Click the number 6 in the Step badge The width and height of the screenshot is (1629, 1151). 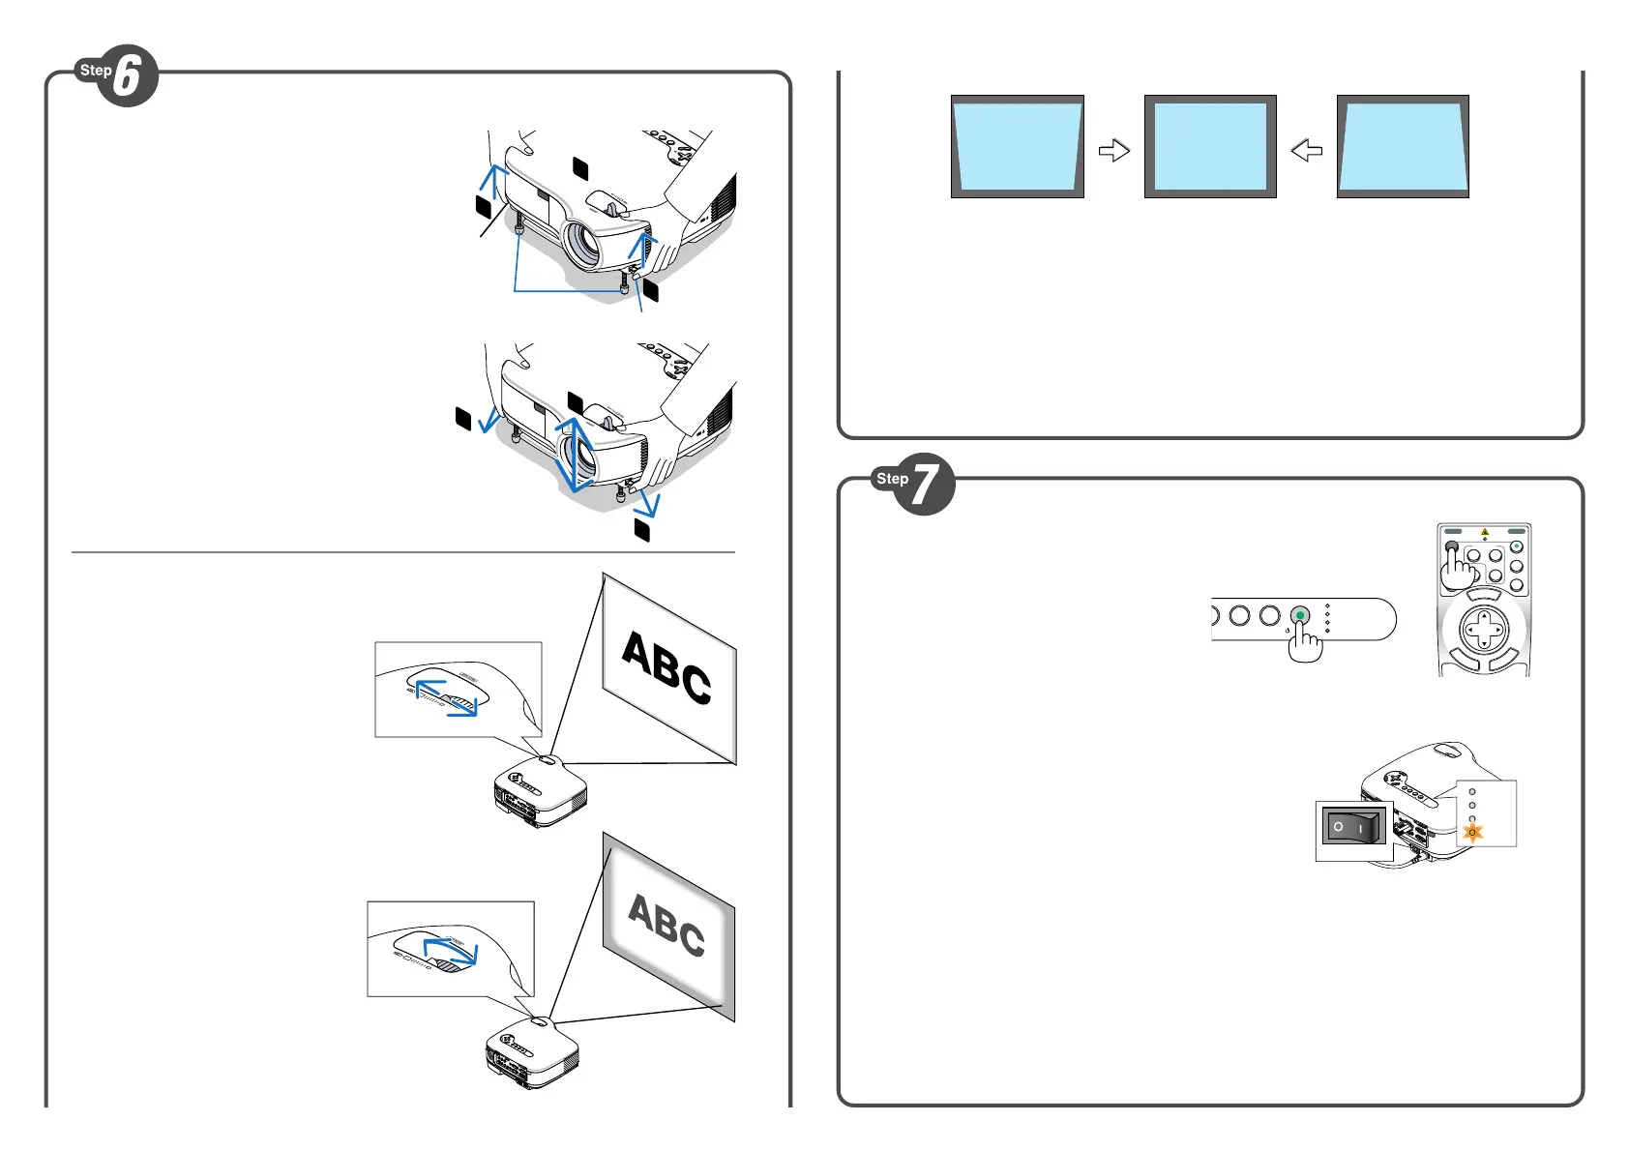pyautogui.click(x=129, y=76)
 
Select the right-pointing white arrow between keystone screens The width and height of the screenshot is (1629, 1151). pyautogui.click(x=1114, y=150)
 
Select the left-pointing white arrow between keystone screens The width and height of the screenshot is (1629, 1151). pyautogui.click(x=1307, y=150)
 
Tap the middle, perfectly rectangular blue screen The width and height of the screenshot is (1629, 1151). pyautogui.click(x=1210, y=146)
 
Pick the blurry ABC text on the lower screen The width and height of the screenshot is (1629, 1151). pyautogui.click(x=666, y=925)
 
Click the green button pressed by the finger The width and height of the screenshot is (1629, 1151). pyautogui.click(x=1300, y=615)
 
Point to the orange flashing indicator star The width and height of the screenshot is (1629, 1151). pyautogui.click(x=1472, y=832)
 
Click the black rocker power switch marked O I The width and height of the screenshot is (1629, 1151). pyautogui.click(x=1353, y=828)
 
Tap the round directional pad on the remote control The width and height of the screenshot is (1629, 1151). pyautogui.click(x=1484, y=632)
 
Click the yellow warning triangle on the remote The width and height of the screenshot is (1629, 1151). pyautogui.click(x=1485, y=532)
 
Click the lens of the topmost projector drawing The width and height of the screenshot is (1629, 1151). pyautogui.click(x=583, y=243)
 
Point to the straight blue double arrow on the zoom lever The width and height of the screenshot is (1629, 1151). pyautogui.click(x=446, y=696)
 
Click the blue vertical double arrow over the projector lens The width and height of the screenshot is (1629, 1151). pyautogui.click(x=574, y=453)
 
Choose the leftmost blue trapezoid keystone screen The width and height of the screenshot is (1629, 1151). pyautogui.click(x=1017, y=146)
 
